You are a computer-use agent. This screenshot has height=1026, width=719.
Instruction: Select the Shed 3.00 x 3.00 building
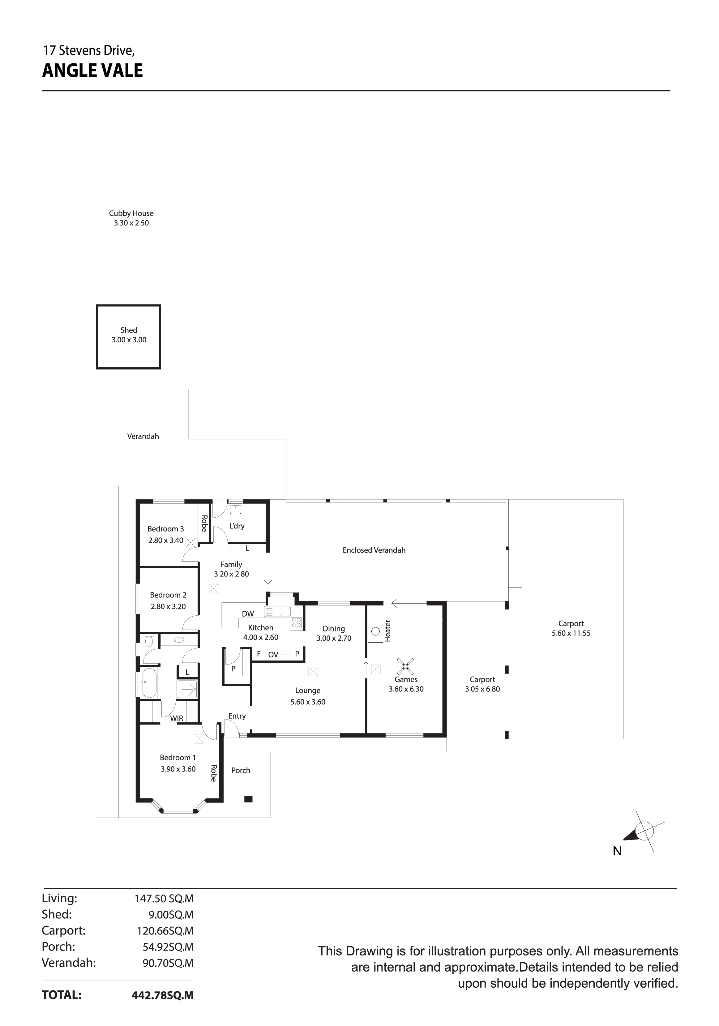(128, 337)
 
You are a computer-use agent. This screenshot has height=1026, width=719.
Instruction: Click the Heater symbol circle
(376, 631)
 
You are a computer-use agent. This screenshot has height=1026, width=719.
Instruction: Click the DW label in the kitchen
(248, 614)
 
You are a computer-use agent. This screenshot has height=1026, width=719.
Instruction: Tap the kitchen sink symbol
(277, 611)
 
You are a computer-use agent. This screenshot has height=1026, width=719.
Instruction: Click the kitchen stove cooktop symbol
(296, 622)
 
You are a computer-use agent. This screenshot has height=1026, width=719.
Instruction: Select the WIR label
(177, 719)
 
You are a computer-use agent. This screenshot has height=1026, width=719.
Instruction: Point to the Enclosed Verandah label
(374, 550)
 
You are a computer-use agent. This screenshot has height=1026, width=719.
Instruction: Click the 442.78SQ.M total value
(163, 995)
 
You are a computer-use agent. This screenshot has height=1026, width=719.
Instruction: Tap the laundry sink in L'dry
(235, 509)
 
